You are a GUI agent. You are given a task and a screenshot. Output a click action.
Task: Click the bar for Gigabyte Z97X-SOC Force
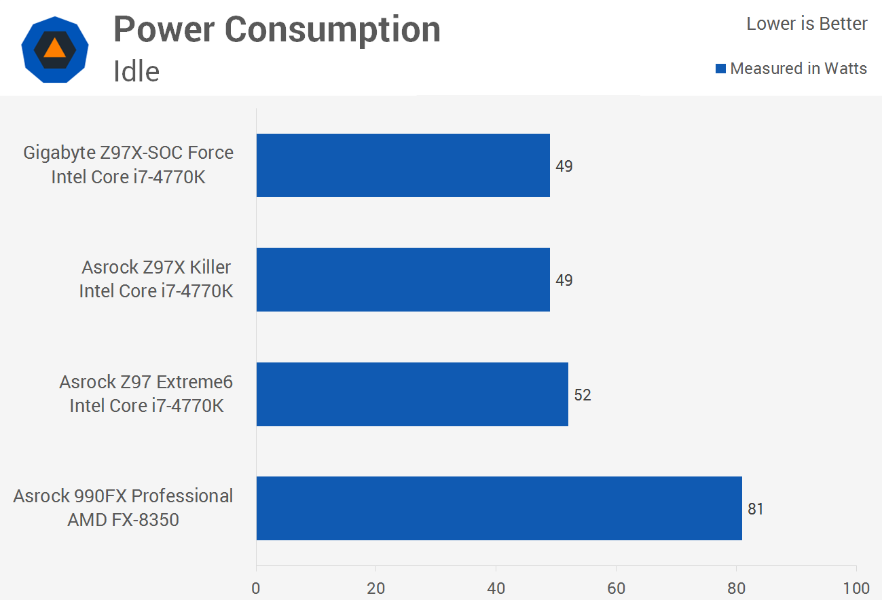pos(403,165)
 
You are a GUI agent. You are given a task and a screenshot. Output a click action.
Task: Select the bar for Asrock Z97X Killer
pos(403,280)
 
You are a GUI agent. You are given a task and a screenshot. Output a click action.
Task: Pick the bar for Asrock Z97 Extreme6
pos(412,394)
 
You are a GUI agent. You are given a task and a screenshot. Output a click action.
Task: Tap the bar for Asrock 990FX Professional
pos(499,508)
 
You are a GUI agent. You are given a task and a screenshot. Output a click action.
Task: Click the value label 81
pos(756,509)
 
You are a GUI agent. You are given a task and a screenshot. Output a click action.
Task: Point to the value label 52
pos(583,395)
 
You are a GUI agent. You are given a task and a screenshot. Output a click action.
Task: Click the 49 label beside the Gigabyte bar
pos(564,166)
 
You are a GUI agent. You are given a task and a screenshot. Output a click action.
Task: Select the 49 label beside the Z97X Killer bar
pos(564,280)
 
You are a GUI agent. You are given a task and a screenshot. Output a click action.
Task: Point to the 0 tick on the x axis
pos(256,588)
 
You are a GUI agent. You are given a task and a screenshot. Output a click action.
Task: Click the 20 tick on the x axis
pos(376,588)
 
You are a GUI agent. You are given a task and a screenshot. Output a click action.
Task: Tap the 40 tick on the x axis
pos(496,588)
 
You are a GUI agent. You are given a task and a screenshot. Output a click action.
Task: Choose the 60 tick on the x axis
pos(616,588)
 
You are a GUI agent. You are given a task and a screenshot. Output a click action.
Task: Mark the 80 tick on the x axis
pos(736,588)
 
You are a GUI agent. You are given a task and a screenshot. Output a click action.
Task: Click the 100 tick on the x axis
pos(856,588)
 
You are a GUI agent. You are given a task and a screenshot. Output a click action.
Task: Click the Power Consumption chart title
pos(277,30)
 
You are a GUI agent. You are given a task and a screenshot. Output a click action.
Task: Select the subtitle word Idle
pos(136,71)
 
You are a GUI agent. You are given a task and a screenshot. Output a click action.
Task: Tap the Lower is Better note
pos(807,24)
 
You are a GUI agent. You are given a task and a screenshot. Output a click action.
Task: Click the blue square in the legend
pos(721,69)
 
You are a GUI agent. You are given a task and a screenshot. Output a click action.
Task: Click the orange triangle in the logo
pos(54,50)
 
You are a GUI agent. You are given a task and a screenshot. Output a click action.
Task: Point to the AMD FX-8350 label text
pos(123,520)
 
